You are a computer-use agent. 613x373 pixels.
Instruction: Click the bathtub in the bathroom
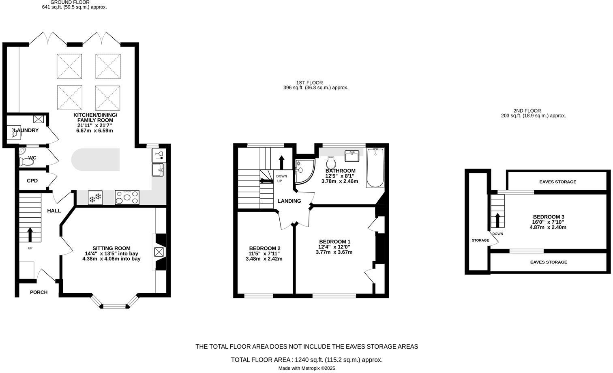click(x=375, y=168)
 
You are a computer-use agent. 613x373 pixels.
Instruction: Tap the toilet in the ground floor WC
click(x=26, y=161)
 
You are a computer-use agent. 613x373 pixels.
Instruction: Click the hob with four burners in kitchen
click(x=127, y=198)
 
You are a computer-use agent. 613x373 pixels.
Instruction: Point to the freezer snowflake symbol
click(x=95, y=198)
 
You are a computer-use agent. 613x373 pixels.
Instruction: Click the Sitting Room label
click(x=111, y=248)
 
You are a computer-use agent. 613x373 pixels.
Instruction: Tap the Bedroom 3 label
click(x=548, y=217)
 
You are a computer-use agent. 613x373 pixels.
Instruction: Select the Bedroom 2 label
click(x=264, y=248)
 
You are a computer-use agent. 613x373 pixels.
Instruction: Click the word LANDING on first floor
click(x=289, y=201)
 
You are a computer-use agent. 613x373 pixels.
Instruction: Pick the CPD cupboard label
click(x=32, y=181)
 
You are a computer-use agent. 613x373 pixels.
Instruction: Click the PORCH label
click(x=39, y=292)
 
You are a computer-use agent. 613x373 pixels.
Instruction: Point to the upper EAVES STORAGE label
click(x=557, y=182)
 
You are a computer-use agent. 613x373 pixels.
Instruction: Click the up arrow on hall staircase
click(x=30, y=234)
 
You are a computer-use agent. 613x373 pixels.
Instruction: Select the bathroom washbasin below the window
click(x=352, y=156)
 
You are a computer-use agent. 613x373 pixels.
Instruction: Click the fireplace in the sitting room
click(x=159, y=252)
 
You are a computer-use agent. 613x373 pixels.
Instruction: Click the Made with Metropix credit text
click(x=306, y=369)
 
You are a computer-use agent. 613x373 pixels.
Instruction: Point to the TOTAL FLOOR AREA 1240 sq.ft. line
click(x=306, y=360)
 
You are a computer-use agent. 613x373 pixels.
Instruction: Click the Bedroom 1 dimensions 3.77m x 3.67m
click(x=334, y=252)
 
